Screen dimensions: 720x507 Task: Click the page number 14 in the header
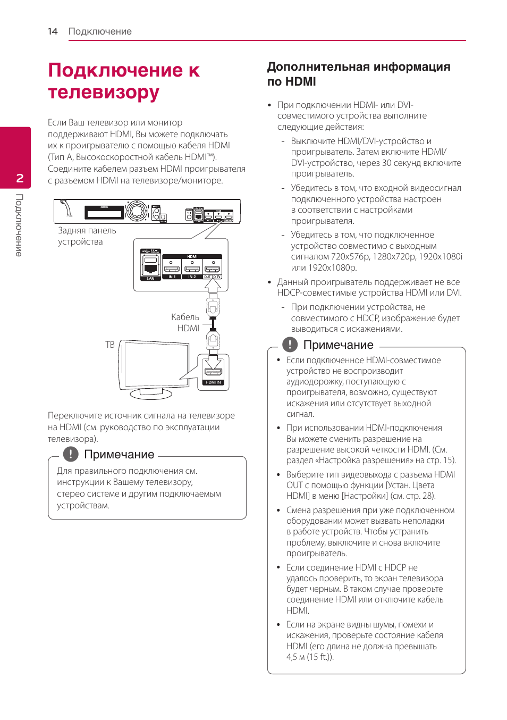53,31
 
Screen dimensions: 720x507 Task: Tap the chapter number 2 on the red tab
20,178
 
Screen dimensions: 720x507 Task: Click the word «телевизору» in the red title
104,92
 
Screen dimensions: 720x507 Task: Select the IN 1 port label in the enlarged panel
171,277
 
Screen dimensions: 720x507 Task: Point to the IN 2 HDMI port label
192,277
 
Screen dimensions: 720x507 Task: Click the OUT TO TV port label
213,277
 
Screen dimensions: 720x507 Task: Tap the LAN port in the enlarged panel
150,266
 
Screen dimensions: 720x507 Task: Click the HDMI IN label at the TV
213,382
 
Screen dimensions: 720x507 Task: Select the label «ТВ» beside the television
110,345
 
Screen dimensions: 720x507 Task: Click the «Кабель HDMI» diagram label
185,323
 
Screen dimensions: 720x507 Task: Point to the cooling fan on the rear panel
137,211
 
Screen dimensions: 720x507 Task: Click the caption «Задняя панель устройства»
87,236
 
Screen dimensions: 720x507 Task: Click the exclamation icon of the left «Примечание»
71,454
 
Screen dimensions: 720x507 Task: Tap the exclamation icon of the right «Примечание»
290,345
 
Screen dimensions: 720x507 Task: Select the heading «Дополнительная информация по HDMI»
358,74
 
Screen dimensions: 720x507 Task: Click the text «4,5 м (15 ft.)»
310,657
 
